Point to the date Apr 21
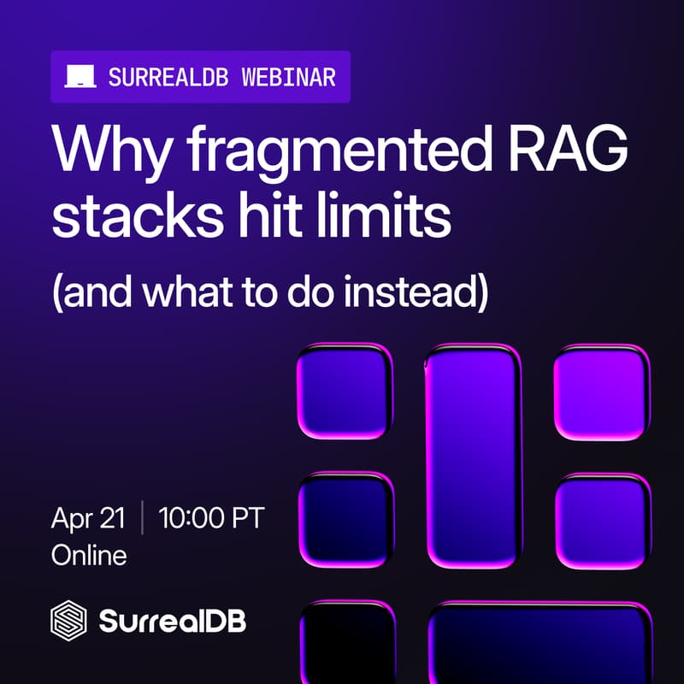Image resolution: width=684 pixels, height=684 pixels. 88,518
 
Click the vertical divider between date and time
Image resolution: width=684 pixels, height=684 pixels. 142,518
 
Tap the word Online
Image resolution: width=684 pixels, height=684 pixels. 89,555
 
